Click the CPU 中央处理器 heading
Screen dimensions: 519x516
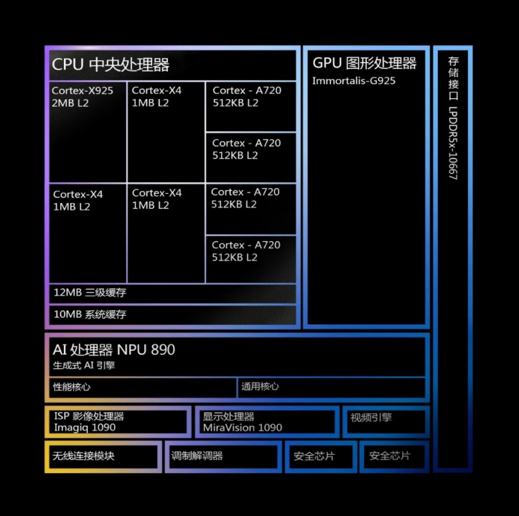(111, 64)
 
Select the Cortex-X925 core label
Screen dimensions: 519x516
(83, 90)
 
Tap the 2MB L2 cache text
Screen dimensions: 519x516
(70, 103)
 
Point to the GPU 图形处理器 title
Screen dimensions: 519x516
(365, 63)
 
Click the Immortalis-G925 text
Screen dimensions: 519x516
(354, 80)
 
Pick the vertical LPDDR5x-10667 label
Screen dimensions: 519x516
(453, 143)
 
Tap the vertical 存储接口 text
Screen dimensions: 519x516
(454, 78)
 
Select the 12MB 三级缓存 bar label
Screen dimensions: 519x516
(90, 293)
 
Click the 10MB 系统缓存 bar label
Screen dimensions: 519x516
(90, 314)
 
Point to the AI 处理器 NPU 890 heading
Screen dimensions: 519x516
(113, 350)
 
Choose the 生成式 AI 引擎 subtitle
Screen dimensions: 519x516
(84, 365)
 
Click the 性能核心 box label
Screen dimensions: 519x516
(72, 387)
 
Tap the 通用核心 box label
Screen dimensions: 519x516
(260, 386)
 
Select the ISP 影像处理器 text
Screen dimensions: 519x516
(89, 416)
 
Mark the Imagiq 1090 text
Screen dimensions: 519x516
(85, 427)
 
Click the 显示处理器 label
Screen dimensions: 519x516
(228, 416)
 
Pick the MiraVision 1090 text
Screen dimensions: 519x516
(243, 428)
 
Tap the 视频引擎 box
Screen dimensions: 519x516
(386, 421)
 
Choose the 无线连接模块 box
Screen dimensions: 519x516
(103, 456)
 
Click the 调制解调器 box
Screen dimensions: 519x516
(223, 456)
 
